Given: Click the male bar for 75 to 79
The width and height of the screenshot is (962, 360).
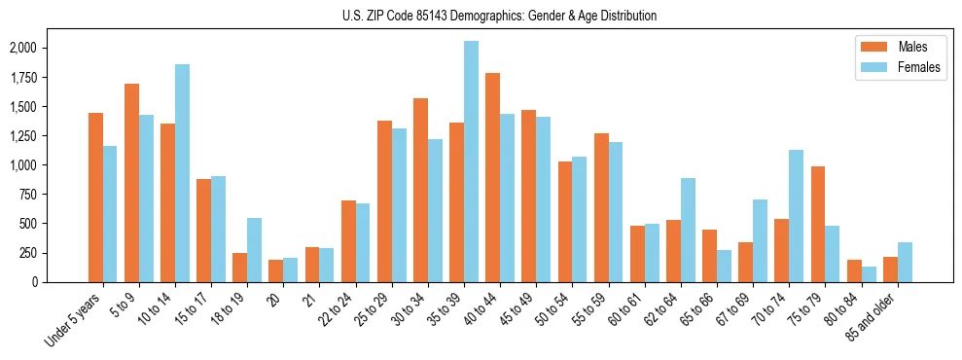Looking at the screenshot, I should pos(818,224).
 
